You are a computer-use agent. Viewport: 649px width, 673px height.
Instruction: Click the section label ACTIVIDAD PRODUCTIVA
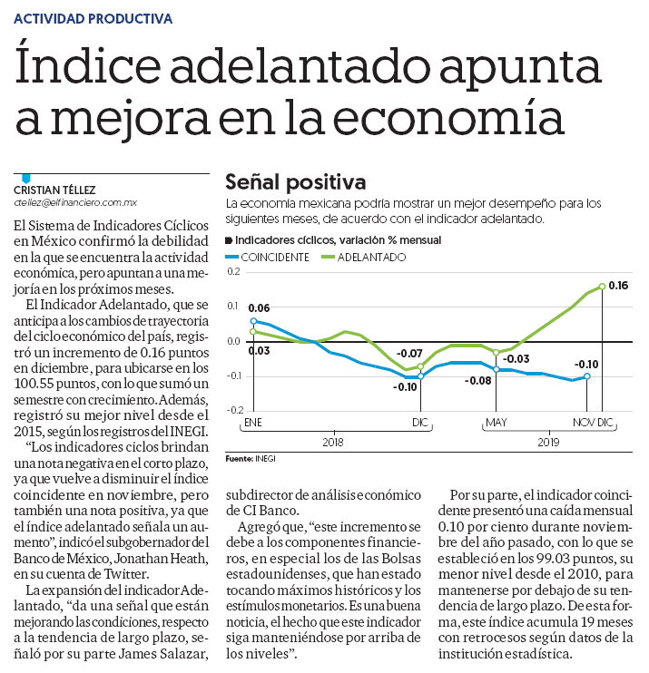pyautogui.click(x=93, y=19)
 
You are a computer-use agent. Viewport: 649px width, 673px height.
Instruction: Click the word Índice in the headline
pyautogui.click(x=88, y=67)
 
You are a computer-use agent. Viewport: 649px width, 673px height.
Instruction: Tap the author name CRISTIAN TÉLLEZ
pyautogui.click(x=54, y=190)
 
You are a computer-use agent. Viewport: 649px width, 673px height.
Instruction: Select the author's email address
pyautogui.click(x=75, y=202)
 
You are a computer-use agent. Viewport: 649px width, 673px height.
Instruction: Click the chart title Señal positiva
pyautogui.click(x=296, y=182)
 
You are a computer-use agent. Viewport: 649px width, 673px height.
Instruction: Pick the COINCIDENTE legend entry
pyautogui.click(x=268, y=257)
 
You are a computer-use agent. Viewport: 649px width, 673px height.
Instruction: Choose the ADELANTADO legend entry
pyautogui.click(x=364, y=257)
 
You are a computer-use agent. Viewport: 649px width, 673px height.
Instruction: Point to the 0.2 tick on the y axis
pyautogui.click(x=233, y=271)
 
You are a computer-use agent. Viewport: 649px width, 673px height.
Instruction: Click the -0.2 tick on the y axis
pyautogui.click(x=234, y=410)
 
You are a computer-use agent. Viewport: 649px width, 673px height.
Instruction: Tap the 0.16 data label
pyautogui.click(x=618, y=286)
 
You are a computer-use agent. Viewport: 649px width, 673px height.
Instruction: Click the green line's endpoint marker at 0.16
pyautogui.click(x=602, y=287)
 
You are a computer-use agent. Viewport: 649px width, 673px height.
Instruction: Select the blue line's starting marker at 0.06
pyautogui.click(x=253, y=321)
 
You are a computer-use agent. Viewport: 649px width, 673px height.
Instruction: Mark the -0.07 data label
pyautogui.click(x=408, y=354)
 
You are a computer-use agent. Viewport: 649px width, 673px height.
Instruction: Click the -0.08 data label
pyautogui.click(x=477, y=381)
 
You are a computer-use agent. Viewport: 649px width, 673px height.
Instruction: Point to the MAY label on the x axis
pyautogui.click(x=497, y=423)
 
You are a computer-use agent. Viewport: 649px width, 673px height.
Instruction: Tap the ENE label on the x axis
pyautogui.click(x=253, y=423)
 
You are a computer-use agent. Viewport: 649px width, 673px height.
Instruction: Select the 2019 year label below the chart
pyautogui.click(x=548, y=442)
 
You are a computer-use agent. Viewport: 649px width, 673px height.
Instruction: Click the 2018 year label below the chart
pyautogui.click(x=333, y=442)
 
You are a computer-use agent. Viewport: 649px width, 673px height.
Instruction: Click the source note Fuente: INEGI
pyautogui.click(x=251, y=459)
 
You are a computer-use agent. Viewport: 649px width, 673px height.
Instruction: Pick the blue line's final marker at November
pyautogui.click(x=587, y=376)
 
